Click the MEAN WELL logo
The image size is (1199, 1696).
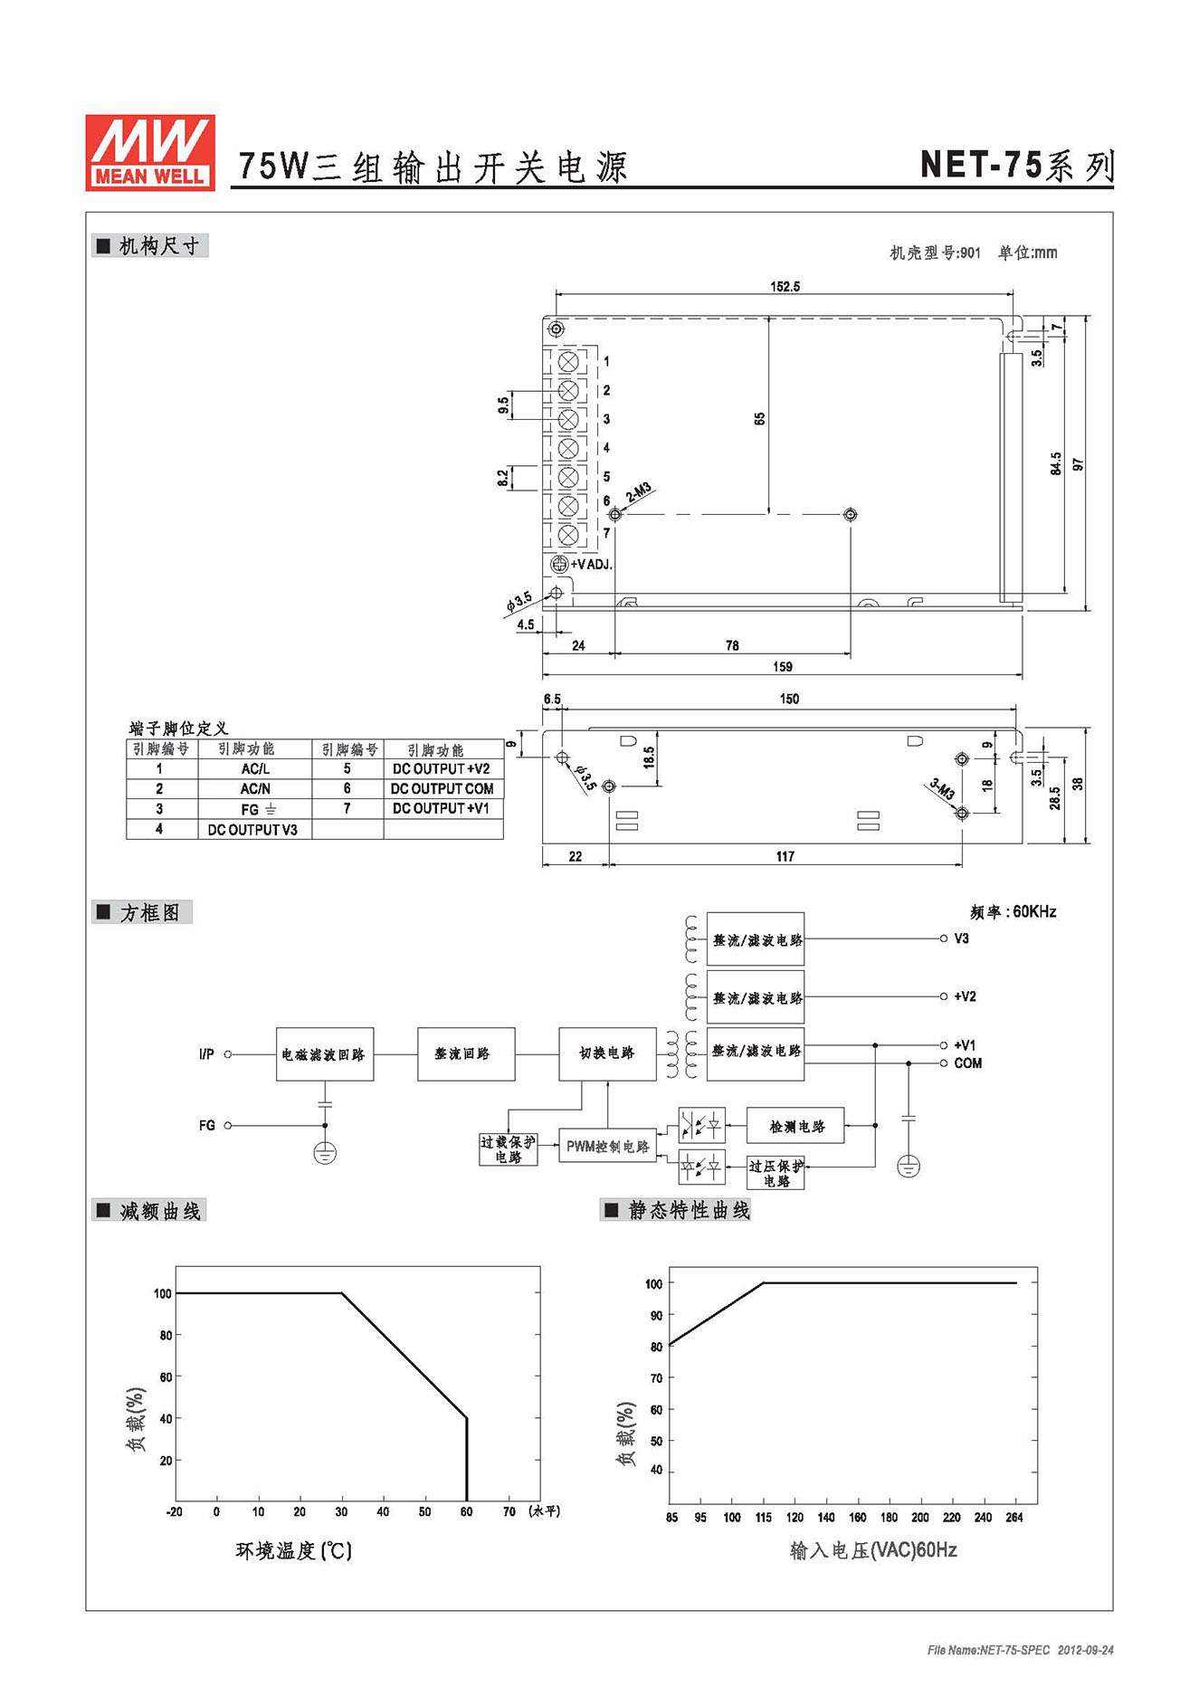[150, 152]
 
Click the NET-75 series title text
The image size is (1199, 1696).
[1016, 166]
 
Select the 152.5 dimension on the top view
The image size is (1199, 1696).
[785, 287]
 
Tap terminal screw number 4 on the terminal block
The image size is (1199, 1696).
[568, 448]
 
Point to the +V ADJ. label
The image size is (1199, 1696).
[591, 565]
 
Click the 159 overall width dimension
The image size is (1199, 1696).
[783, 667]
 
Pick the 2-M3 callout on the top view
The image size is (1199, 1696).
[639, 492]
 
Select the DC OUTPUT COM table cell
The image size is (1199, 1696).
[442, 789]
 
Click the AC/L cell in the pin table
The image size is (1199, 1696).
[255, 768]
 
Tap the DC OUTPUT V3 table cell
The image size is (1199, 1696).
[252, 830]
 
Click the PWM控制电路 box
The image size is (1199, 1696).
[607, 1147]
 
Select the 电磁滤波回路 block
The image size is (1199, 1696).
[325, 1054]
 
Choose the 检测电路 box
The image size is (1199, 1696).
[795, 1127]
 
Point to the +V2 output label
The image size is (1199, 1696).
[965, 996]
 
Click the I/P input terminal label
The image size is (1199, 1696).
[206, 1054]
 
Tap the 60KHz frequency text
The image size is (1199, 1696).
[1013, 912]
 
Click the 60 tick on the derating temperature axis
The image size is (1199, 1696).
[467, 1511]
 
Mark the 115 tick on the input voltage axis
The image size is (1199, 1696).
[764, 1518]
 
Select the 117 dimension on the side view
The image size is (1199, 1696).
[785, 856]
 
